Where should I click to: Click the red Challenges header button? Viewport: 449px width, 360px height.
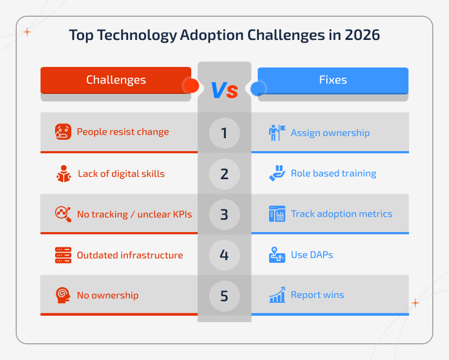(x=116, y=80)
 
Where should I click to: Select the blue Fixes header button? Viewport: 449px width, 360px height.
(x=333, y=80)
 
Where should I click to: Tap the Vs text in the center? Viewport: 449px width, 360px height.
(x=224, y=90)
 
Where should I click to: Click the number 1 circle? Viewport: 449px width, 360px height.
(x=224, y=133)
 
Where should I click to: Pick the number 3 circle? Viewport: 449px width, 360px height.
(x=224, y=214)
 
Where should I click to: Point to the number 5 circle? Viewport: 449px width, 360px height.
(x=224, y=296)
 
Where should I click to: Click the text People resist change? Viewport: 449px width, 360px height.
(x=123, y=132)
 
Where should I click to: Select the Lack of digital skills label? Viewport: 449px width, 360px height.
(x=121, y=173)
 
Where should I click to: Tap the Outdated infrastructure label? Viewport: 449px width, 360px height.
(x=130, y=255)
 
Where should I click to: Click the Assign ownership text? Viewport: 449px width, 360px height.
(x=330, y=133)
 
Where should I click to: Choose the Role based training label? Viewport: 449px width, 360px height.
(x=333, y=173)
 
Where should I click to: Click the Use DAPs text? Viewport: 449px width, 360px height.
(x=312, y=255)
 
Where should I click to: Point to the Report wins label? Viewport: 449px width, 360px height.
(x=317, y=295)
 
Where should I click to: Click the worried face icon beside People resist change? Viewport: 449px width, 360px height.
(x=63, y=132)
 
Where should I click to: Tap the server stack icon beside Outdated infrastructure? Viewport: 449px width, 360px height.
(x=63, y=255)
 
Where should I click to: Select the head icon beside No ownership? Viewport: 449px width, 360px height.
(x=63, y=295)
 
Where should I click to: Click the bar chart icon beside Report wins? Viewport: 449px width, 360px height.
(x=277, y=295)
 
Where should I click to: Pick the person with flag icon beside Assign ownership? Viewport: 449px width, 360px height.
(x=277, y=133)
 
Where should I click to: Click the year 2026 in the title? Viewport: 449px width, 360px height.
(x=361, y=35)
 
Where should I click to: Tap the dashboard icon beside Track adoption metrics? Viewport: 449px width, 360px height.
(x=277, y=214)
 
